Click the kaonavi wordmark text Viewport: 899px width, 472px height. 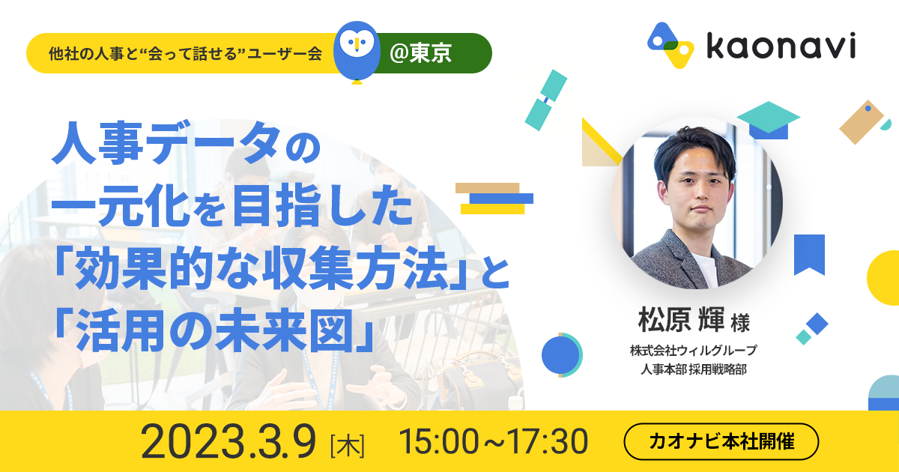[781, 46]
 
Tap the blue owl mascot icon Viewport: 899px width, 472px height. [357, 52]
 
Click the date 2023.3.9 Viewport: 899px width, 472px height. [228, 441]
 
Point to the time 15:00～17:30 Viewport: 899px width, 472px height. [493, 441]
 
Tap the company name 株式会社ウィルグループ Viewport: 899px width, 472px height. [693, 351]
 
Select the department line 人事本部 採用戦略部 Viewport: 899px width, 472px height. [693, 369]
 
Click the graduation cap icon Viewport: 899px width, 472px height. [768, 121]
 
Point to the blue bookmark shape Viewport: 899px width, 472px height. [810, 255]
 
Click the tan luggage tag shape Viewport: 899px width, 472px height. [862, 121]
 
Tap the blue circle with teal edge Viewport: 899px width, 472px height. [561, 355]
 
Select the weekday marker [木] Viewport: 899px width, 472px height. [348, 446]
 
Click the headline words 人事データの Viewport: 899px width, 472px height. [187, 142]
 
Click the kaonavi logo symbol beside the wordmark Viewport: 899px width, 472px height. [671, 46]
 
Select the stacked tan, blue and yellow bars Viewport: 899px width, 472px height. [494, 199]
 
